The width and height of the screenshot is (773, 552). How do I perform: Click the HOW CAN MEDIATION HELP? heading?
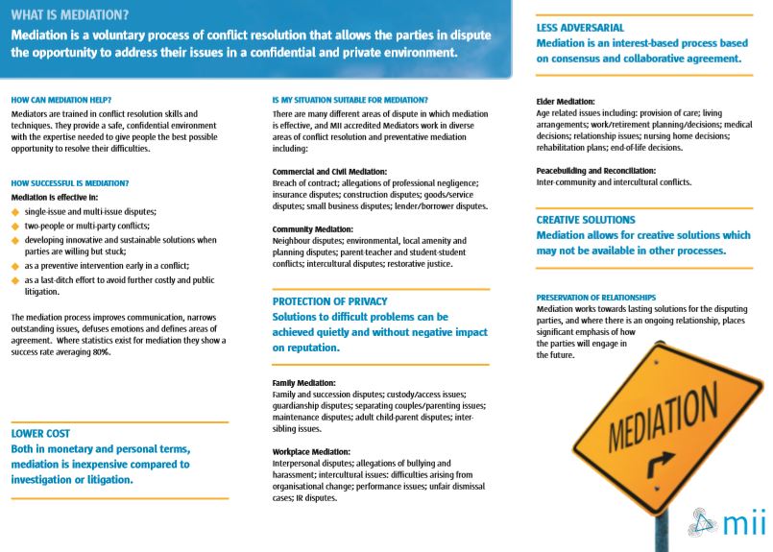click(x=61, y=100)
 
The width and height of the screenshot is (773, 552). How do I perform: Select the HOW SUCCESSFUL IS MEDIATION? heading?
click(x=70, y=182)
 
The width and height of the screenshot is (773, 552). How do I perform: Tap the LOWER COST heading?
click(x=40, y=434)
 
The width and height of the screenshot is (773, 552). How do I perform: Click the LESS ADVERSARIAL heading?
click(x=580, y=28)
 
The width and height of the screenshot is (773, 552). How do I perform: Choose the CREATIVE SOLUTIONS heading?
click(x=586, y=220)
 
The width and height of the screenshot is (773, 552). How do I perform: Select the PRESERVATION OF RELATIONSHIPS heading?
click(x=596, y=298)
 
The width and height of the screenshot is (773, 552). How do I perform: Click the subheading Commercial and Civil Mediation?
click(x=329, y=171)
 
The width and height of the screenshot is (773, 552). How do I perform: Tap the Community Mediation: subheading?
click(x=313, y=229)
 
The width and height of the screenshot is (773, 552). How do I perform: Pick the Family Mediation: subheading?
click(x=303, y=382)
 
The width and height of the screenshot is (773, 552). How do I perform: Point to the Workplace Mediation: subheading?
click(x=311, y=451)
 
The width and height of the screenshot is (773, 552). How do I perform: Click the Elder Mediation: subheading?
click(x=566, y=101)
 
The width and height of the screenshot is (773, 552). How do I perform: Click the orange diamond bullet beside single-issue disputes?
click(x=15, y=211)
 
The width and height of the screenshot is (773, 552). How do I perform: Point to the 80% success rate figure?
click(x=102, y=352)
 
